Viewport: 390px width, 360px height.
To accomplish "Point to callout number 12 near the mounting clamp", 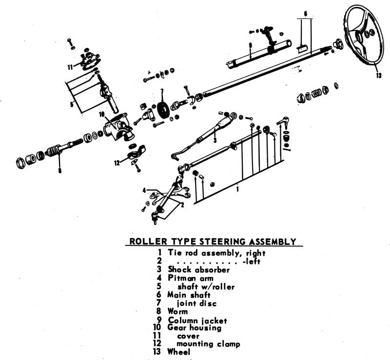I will [x=117, y=163].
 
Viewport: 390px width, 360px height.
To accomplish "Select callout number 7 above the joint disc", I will [x=162, y=91].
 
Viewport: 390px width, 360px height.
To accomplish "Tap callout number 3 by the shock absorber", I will [x=214, y=140].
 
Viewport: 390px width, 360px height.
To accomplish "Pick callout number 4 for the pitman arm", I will [x=144, y=190].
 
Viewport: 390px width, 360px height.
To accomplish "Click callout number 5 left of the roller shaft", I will [x=71, y=103].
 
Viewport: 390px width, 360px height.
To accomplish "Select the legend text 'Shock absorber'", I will [x=198, y=269].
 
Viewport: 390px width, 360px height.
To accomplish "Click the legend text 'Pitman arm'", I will [x=191, y=278].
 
